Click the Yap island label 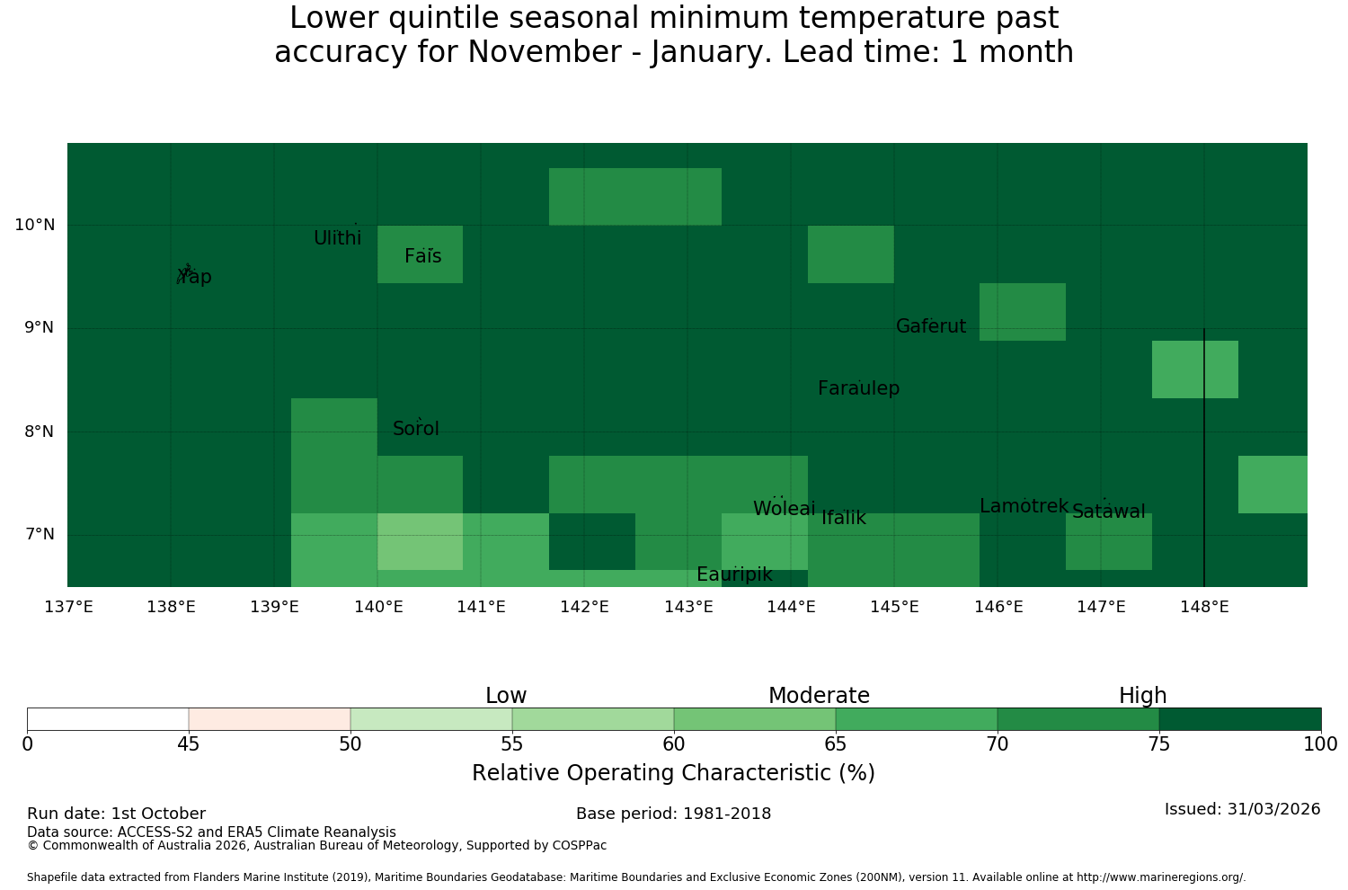click(194, 277)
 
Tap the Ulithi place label click(338, 238)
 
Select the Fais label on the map click(423, 256)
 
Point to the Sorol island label click(416, 428)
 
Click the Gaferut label click(931, 325)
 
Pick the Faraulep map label click(859, 387)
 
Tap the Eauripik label click(734, 574)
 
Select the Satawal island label click(1108, 512)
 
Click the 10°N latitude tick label click(35, 225)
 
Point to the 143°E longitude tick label click(688, 607)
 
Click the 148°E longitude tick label click(1204, 607)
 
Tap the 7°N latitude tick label click(40, 534)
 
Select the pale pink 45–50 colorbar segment click(270, 719)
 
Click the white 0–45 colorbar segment click(108, 719)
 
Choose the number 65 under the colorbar click(835, 744)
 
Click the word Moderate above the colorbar click(819, 696)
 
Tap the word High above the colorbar click(1143, 696)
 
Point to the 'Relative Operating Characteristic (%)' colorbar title click(673, 772)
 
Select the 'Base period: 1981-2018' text click(673, 814)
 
